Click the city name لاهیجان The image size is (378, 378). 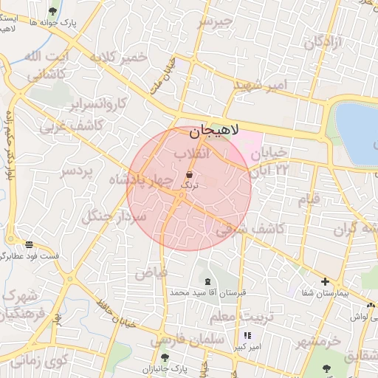215,131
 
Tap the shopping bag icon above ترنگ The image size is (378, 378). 190,175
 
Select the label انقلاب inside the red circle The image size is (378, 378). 192,153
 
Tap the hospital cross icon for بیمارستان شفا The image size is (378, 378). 325,281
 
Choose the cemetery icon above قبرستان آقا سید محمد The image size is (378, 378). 207,281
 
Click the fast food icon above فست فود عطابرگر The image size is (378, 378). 29,244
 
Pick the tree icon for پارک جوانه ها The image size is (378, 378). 52,11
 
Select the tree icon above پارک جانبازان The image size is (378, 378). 165,357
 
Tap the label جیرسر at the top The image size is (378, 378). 214,22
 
